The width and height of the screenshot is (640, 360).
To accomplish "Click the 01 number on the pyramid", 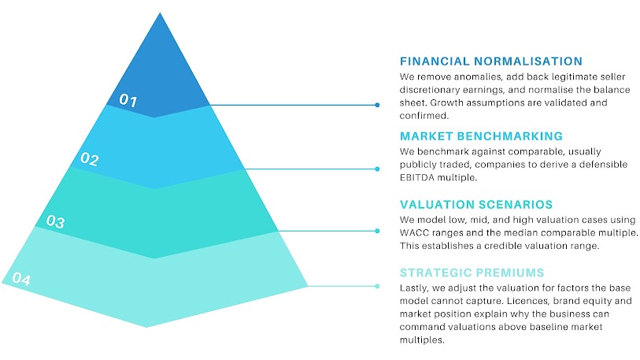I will coord(128,101).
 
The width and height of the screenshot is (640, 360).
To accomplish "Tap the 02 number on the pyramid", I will coord(89,160).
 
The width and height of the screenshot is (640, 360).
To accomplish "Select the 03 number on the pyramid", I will coord(55,221).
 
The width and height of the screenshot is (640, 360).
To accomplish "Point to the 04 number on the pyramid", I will coord(20,279).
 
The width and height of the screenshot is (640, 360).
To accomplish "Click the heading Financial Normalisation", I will coord(491,61).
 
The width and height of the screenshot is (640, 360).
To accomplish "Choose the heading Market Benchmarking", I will coord(481,135).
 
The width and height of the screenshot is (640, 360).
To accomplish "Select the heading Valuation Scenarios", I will coord(475,204).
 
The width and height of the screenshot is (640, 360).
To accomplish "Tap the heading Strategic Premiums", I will coord(472,273).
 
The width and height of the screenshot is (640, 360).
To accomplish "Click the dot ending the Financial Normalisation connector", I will coord(378,104).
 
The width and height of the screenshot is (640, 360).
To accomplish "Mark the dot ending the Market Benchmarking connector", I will coord(378,169).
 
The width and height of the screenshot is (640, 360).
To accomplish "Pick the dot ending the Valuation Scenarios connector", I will coord(378,231).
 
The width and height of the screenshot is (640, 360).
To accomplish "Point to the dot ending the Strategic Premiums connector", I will coord(378,286).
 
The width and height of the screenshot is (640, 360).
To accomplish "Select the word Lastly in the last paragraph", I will coord(416,288).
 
